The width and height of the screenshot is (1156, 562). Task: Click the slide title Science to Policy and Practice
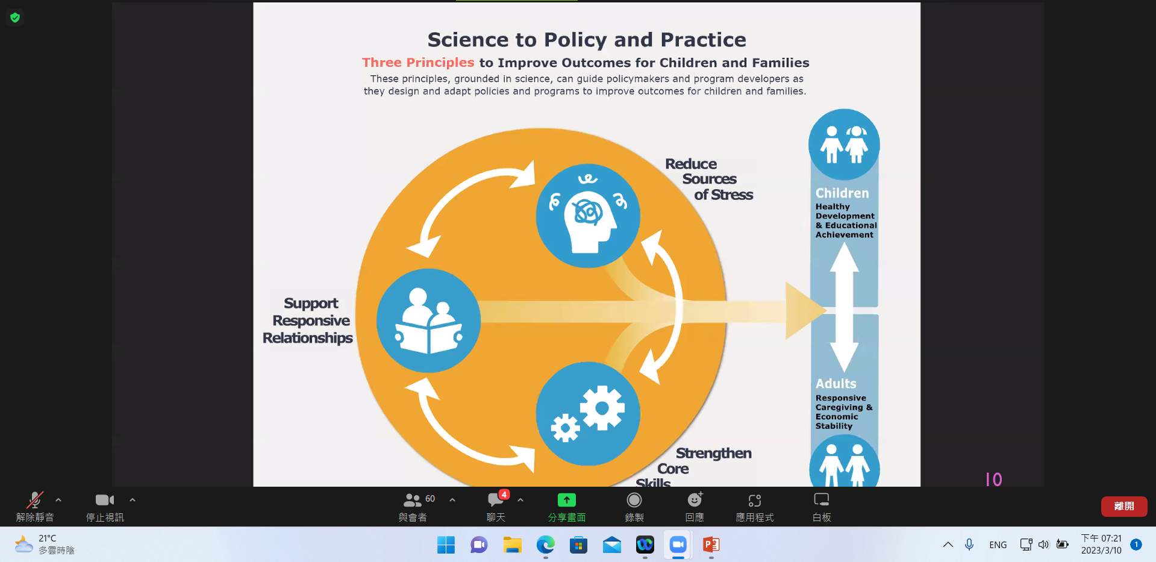click(x=587, y=40)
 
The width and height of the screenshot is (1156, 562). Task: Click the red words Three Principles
click(x=418, y=63)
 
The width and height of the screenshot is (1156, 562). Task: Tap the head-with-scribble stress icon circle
click(x=588, y=216)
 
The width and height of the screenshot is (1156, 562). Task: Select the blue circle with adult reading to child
click(x=428, y=320)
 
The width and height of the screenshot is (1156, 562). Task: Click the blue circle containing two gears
click(x=588, y=414)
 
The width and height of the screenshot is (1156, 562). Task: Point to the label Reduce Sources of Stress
click(x=709, y=180)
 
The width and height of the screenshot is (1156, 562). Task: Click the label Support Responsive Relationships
click(x=308, y=320)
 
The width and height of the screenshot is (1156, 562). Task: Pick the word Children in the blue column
click(x=842, y=193)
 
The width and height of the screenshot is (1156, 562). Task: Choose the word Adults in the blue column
click(x=836, y=384)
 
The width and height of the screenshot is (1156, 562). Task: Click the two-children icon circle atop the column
click(x=844, y=145)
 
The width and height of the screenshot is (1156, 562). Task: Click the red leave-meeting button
click(x=1124, y=506)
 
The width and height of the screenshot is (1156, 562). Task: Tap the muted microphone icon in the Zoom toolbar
click(x=35, y=500)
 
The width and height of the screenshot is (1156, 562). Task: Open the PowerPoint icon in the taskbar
click(x=711, y=545)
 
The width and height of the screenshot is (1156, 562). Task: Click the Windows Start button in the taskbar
click(x=446, y=545)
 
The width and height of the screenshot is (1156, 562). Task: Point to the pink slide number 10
click(x=994, y=479)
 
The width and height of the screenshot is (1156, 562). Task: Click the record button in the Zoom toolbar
click(x=634, y=500)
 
